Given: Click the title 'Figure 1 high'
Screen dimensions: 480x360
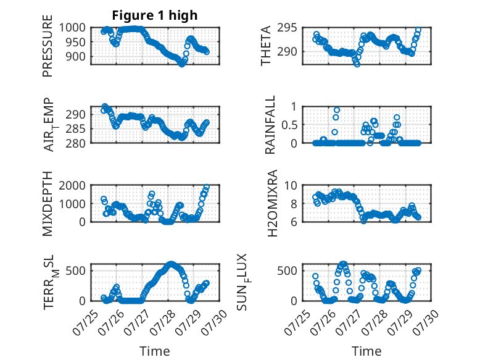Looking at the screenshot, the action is (x=155, y=15).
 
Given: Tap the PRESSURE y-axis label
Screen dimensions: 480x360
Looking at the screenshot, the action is (x=48, y=46).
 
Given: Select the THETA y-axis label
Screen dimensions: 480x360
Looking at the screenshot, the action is (x=266, y=46).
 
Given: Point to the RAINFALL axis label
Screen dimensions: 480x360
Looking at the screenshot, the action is (x=270, y=125).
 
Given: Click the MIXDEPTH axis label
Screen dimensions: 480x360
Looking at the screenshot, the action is (x=48, y=203).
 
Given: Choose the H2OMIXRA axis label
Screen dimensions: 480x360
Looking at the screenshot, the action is (x=272, y=203).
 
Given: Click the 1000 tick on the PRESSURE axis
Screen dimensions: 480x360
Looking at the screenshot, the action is (x=72, y=28).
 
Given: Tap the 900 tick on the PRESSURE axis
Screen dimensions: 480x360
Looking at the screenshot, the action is (x=75, y=56).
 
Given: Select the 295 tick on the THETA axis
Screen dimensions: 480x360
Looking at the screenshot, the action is (x=287, y=28).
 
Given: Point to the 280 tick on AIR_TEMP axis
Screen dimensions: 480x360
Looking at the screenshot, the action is (x=75, y=143).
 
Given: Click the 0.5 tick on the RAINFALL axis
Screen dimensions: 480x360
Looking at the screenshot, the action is (x=289, y=125).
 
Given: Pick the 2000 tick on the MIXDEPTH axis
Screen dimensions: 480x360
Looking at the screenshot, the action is (x=72, y=185).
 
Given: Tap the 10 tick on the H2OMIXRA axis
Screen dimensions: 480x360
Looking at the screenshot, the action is (x=291, y=185).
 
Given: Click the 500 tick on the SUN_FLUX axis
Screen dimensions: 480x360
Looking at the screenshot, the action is (x=287, y=270).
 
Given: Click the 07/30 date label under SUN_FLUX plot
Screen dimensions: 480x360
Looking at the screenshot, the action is (x=425, y=322).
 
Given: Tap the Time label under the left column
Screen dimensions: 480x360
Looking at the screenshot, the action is (x=155, y=351).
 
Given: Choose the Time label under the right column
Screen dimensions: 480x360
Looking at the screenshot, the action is (x=366, y=351).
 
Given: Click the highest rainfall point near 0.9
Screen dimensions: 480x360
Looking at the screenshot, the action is (x=337, y=110).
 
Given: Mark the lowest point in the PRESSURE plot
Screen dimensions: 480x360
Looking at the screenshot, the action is (x=182, y=64).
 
